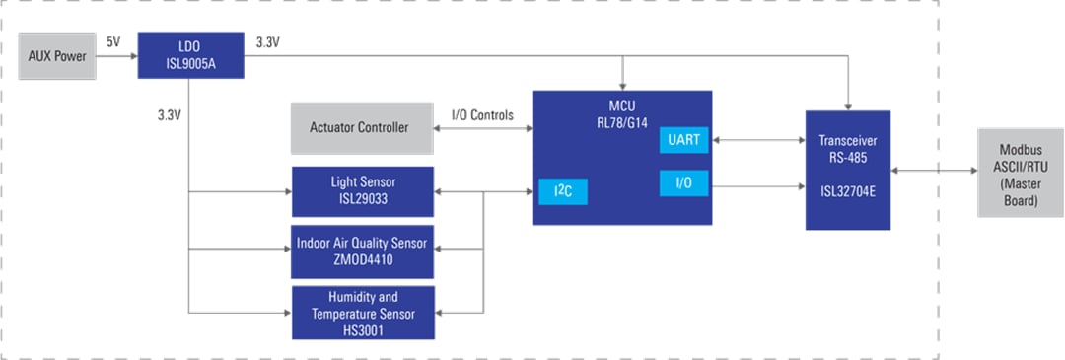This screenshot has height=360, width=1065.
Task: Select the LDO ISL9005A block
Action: pyautogui.click(x=190, y=55)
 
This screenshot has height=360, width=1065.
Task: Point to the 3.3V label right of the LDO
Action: pyautogui.click(x=267, y=43)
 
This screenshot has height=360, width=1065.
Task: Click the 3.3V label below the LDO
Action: pyautogui.click(x=171, y=114)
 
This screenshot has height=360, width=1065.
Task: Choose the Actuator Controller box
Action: pyautogui.click(x=362, y=128)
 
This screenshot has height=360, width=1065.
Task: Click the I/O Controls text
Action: pyautogui.click(x=482, y=115)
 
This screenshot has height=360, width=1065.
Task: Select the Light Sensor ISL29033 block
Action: pyautogui.click(x=362, y=191)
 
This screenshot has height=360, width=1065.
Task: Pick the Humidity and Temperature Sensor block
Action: pyautogui.click(x=362, y=312)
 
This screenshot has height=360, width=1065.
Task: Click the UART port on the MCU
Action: pyautogui.click(x=683, y=140)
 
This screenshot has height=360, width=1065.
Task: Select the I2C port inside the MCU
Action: pyautogui.click(x=562, y=191)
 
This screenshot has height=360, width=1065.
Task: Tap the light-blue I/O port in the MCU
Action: pyautogui.click(x=683, y=183)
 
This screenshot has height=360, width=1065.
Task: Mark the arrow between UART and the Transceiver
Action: pyautogui.click(x=757, y=140)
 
